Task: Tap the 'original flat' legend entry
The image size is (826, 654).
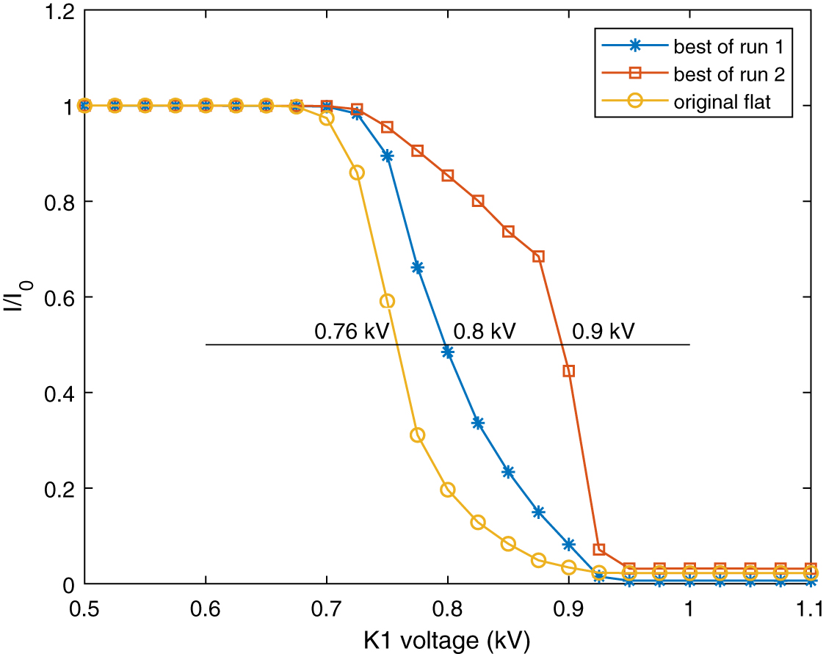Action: tap(722, 102)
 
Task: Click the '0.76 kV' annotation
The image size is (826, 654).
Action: tap(346, 331)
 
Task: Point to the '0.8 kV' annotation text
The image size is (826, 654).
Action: tap(485, 331)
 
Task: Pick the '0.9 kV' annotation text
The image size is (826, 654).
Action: tap(603, 331)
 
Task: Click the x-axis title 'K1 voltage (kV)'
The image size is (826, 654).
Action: tap(447, 640)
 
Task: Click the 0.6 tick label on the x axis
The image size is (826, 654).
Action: tap(206, 610)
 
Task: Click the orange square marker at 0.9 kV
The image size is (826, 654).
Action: tap(569, 371)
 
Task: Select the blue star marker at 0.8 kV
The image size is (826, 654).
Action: tap(448, 352)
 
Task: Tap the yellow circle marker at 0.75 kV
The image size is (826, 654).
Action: tap(388, 301)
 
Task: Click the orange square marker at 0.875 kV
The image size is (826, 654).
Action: tap(538, 256)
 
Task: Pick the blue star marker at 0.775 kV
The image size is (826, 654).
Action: tap(418, 267)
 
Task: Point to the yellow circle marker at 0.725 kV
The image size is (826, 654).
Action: tap(357, 172)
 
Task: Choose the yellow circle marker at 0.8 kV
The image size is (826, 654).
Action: tap(448, 490)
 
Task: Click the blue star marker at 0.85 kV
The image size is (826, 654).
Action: tap(508, 472)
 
